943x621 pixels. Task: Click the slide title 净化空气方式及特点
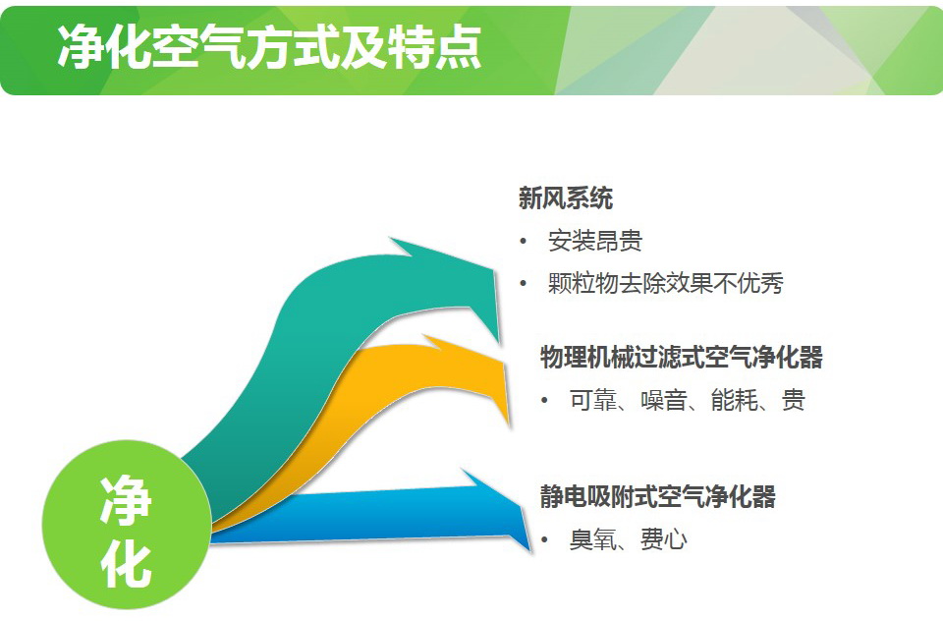pos(269,47)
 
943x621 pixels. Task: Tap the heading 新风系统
pos(566,198)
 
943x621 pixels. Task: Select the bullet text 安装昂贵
pos(595,241)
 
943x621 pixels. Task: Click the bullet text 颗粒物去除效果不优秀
pos(666,283)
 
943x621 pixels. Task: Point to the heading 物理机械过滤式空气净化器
pos(682,357)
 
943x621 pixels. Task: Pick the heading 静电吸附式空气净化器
pos(657,496)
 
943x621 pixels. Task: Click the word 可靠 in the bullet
pos(593,400)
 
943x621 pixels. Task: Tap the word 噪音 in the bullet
pos(663,400)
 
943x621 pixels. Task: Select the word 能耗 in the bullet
pos(734,400)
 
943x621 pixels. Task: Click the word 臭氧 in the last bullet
pos(593,539)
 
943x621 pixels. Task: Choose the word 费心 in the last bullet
pos(663,539)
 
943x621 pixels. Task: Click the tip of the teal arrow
pos(499,342)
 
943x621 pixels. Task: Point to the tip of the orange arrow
pos(509,424)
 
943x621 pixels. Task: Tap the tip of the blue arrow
pos(530,550)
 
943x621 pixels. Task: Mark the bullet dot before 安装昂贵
pos(524,242)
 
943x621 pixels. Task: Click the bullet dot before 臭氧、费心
pos(545,539)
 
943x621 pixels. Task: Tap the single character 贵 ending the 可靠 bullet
pos(794,400)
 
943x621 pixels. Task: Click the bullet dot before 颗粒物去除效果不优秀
pos(524,283)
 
